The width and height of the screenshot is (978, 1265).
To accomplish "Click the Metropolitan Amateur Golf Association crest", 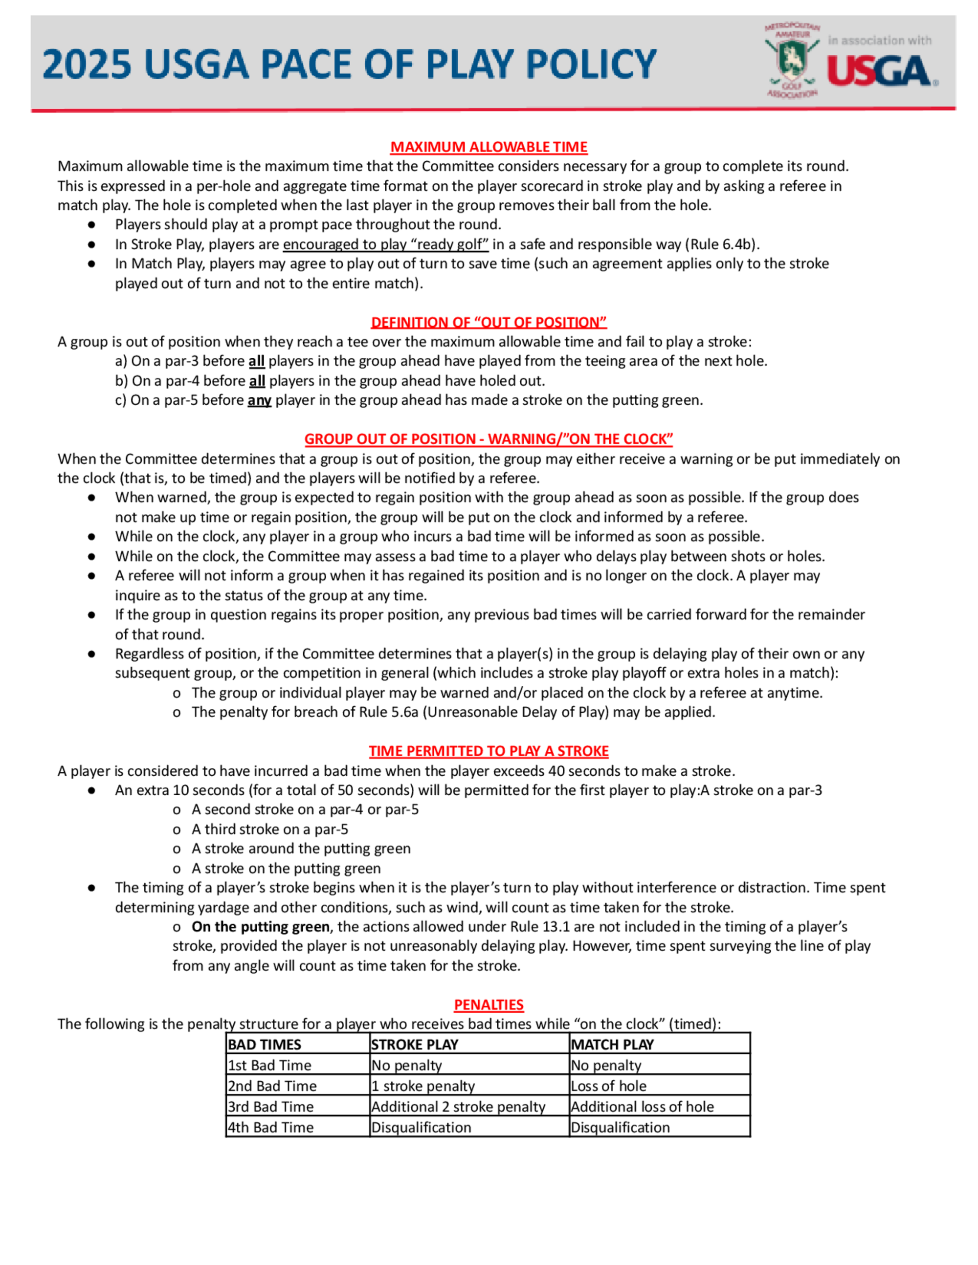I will click(x=791, y=60).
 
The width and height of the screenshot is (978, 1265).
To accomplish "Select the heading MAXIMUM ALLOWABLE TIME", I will click(x=489, y=147).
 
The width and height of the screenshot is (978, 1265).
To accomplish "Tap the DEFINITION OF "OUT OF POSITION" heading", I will click(x=489, y=322).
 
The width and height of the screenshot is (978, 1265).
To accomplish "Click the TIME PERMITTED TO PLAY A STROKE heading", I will click(x=489, y=751).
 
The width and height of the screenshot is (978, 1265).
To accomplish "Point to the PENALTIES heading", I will click(x=489, y=1004).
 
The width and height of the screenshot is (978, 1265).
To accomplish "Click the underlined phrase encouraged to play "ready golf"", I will click(x=385, y=244).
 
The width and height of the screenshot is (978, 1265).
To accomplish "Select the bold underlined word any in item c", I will click(x=259, y=400).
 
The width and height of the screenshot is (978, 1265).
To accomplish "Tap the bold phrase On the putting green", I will click(x=261, y=926).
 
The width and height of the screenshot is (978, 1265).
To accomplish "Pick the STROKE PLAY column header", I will click(x=415, y=1045).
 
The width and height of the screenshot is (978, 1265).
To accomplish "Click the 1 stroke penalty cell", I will click(x=423, y=1086).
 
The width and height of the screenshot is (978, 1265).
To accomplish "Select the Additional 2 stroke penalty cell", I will click(x=458, y=1107).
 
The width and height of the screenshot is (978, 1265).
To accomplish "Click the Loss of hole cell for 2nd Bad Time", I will click(x=608, y=1086).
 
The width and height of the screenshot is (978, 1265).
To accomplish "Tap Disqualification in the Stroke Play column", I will click(x=421, y=1127).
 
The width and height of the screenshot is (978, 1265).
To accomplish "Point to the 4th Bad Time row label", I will click(x=270, y=1127).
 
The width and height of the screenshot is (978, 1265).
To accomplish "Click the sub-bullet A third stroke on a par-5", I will click(x=270, y=829).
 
